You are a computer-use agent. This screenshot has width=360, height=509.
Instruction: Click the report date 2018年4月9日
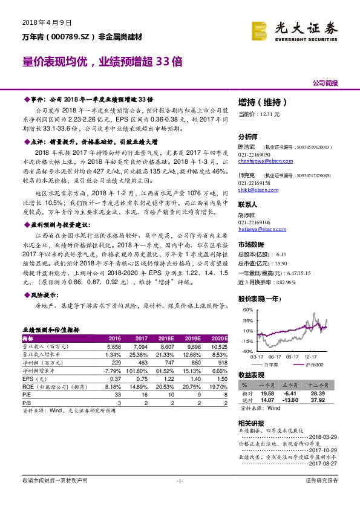(47, 22)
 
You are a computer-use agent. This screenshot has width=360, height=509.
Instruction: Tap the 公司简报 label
(325, 82)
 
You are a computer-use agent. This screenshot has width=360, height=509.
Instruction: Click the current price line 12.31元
(259, 114)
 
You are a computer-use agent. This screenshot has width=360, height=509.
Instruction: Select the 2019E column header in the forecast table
(193, 338)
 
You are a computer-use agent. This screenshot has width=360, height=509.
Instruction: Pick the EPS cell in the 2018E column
(166, 377)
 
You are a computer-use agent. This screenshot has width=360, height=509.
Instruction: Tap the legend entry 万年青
(272, 365)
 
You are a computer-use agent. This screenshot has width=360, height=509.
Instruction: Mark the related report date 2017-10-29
(324, 450)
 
